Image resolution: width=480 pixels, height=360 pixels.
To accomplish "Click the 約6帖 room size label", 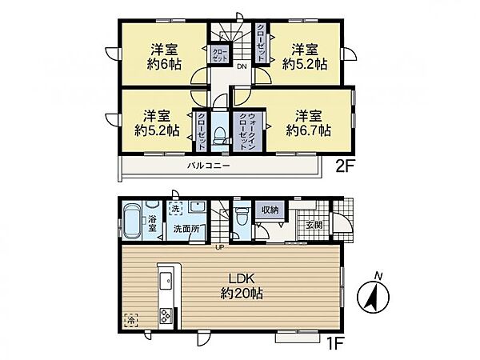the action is click(x=164, y=65).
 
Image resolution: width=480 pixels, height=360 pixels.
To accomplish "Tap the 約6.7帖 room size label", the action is click(x=308, y=130).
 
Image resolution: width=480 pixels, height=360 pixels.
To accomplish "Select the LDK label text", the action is click(x=242, y=279).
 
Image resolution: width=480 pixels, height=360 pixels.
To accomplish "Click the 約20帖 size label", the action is click(x=242, y=294).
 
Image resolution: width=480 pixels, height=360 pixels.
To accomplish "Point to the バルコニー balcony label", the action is click(x=209, y=166).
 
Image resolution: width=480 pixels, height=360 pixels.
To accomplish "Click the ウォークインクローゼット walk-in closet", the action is click(x=248, y=130).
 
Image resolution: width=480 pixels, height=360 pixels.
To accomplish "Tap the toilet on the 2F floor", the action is click(x=218, y=136).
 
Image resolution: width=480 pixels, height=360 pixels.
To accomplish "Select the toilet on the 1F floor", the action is click(x=242, y=216).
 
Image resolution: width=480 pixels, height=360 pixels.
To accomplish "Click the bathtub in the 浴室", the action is click(x=132, y=222).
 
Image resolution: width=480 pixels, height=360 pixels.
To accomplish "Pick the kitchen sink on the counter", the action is click(x=166, y=280).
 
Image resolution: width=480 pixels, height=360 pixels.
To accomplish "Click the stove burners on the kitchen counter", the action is click(x=166, y=316).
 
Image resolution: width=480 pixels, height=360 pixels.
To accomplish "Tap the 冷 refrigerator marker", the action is click(x=131, y=321).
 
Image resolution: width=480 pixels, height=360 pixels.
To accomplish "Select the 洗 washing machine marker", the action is click(x=174, y=210).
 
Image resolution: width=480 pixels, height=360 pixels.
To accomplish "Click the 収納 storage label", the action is click(x=270, y=210).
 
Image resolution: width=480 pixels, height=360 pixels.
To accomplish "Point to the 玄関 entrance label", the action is click(x=314, y=225).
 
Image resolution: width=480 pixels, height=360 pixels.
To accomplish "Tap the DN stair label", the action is click(x=242, y=66).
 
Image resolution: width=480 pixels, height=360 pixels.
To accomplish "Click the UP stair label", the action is click(x=219, y=248).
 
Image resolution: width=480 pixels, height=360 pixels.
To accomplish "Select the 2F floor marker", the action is click(x=344, y=166).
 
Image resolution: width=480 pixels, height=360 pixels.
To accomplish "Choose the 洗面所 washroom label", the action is click(x=186, y=229).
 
